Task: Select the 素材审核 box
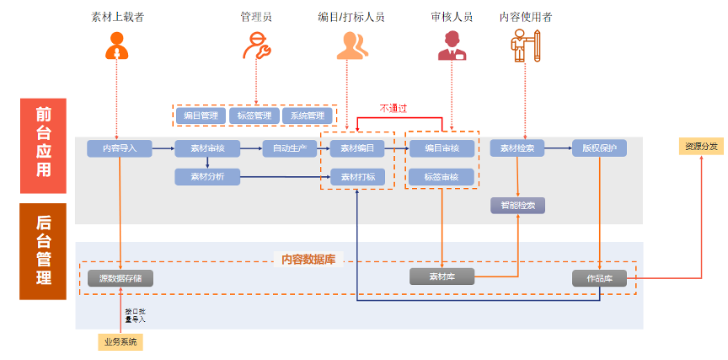point(207,148)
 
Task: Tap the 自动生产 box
point(289,148)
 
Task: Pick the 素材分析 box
point(207,176)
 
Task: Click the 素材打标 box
point(357,176)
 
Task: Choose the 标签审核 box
point(442,176)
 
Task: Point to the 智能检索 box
point(517,205)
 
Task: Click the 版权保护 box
point(599,148)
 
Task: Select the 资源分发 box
point(701,147)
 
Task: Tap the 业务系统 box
point(120,341)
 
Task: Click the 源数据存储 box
point(120,277)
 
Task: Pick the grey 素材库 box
point(442,277)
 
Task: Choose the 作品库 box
point(599,277)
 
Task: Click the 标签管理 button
point(253,116)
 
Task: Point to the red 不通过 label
point(393,108)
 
